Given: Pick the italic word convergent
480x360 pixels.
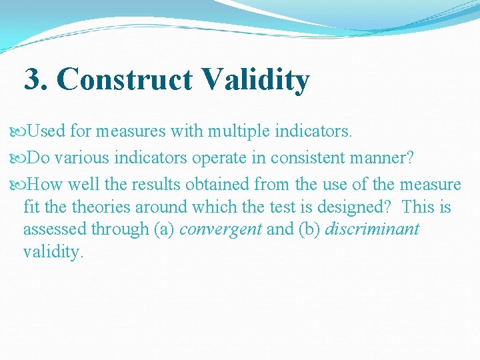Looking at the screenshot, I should point(221,229).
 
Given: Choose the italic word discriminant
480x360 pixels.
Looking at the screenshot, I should point(372,229).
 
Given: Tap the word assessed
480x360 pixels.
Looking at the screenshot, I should point(55,229).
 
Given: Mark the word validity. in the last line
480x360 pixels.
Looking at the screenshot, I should point(53,253).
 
